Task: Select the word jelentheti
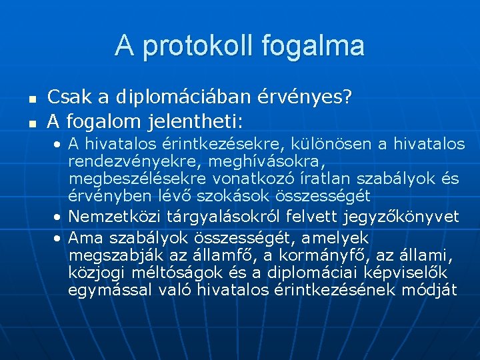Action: point(201,121)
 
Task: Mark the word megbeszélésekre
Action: point(138,178)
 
